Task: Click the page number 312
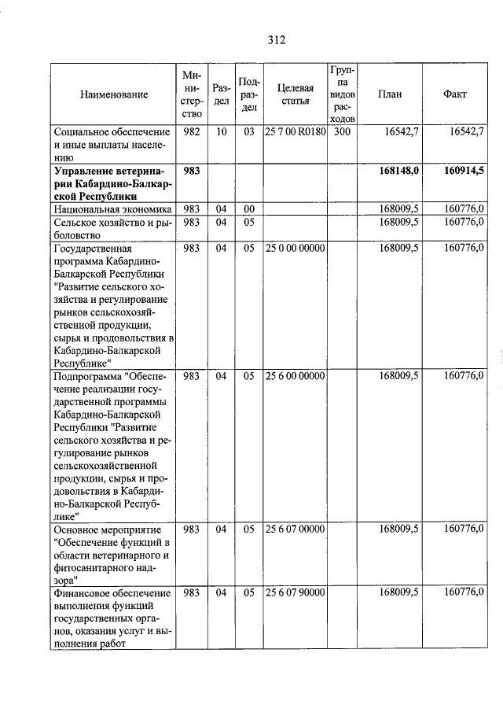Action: point(274,40)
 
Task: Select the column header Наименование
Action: point(114,94)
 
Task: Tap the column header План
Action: point(389,94)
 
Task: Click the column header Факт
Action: point(454,94)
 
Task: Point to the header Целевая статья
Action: point(295,94)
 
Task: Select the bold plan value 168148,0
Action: point(397,170)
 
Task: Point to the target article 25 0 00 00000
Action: point(295,248)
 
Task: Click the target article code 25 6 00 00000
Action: point(295,376)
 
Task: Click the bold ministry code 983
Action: point(191,170)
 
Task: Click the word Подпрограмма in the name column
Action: point(87,376)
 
